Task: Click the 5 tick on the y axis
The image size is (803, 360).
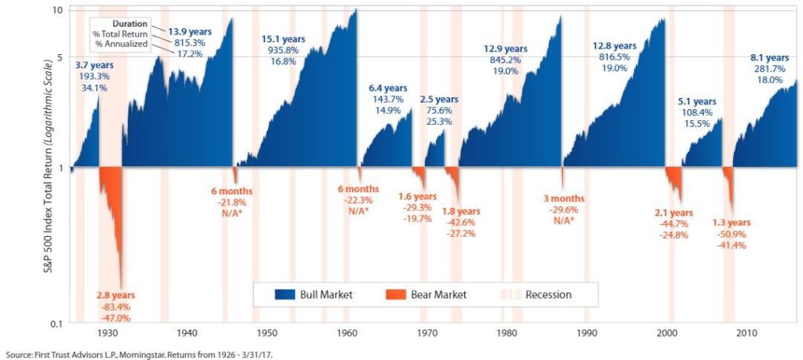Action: tap(58, 58)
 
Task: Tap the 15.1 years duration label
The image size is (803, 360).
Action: tap(282, 38)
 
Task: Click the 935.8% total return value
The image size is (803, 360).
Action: tap(282, 50)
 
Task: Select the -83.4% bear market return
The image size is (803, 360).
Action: tap(115, 307)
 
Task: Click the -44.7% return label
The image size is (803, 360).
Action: tap(672, 224)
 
